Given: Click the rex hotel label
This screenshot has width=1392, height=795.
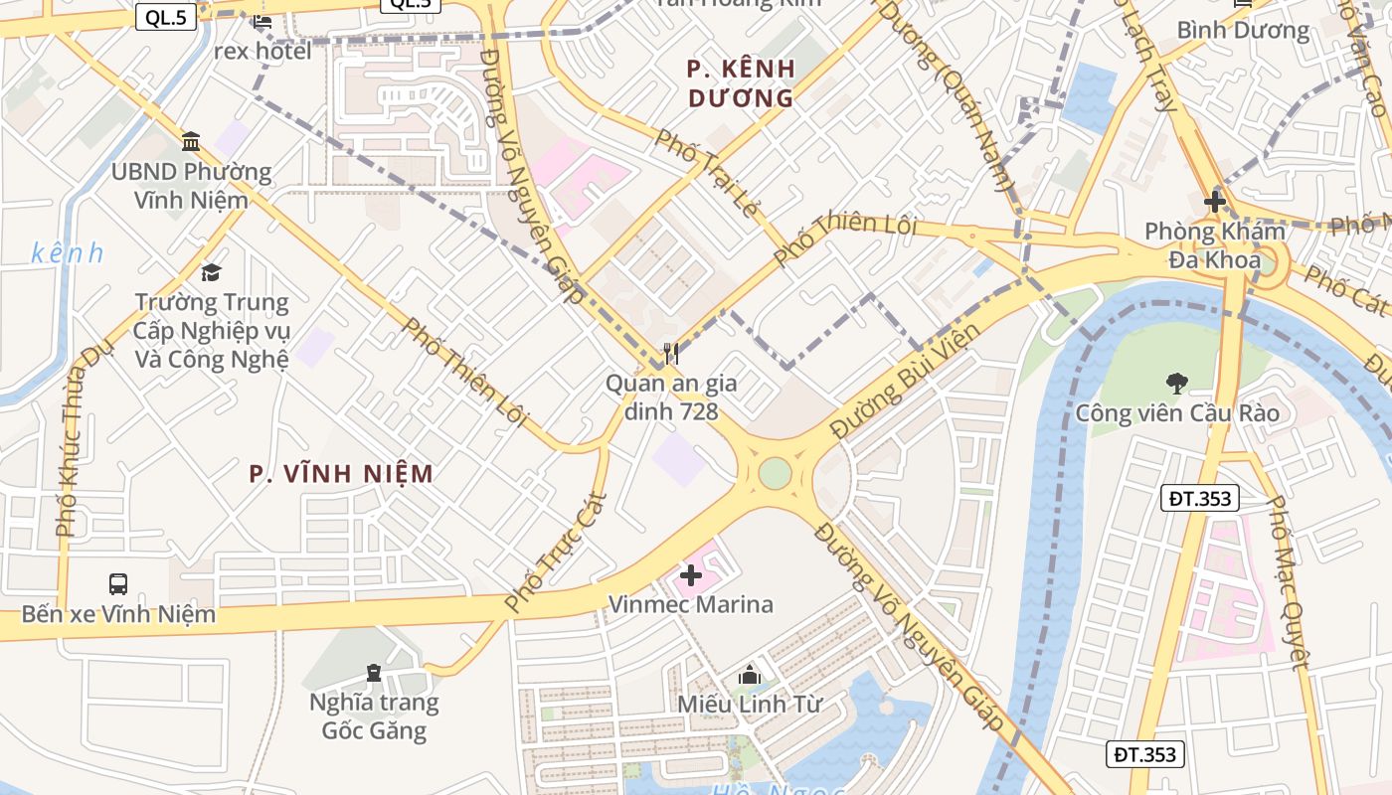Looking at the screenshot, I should (262, 51).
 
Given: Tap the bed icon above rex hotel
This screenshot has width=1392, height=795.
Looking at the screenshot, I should (261, 20).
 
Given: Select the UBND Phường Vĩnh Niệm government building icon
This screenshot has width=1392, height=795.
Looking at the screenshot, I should (191, 142).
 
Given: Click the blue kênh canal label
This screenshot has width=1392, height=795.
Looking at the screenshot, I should (67, 253).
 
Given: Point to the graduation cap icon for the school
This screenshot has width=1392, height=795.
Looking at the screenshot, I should (211, 272).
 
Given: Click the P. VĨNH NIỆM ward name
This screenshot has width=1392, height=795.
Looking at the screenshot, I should (341, 473).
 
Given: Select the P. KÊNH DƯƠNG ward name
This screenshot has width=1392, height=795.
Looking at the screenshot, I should (742, 83).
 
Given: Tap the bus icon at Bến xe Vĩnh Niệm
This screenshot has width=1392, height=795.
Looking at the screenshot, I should (118, 584).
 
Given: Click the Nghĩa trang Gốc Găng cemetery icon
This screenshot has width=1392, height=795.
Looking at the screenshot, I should (373, 674).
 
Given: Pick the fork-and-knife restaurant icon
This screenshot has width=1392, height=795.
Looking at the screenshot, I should (671, 354).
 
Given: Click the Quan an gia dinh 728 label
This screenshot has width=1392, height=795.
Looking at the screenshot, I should (662, 397).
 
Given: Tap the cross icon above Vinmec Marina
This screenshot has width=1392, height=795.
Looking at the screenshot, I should (690, 574).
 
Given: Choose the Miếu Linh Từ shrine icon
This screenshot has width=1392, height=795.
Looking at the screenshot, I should (750, 675).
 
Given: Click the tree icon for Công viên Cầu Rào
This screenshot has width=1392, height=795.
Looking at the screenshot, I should (1177, 383).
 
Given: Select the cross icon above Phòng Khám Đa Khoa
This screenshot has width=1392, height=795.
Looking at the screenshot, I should (1214, 202).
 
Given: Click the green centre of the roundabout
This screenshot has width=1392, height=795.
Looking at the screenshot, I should (775, 473).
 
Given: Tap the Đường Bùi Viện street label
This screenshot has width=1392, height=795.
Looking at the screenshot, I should (905, 381).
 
